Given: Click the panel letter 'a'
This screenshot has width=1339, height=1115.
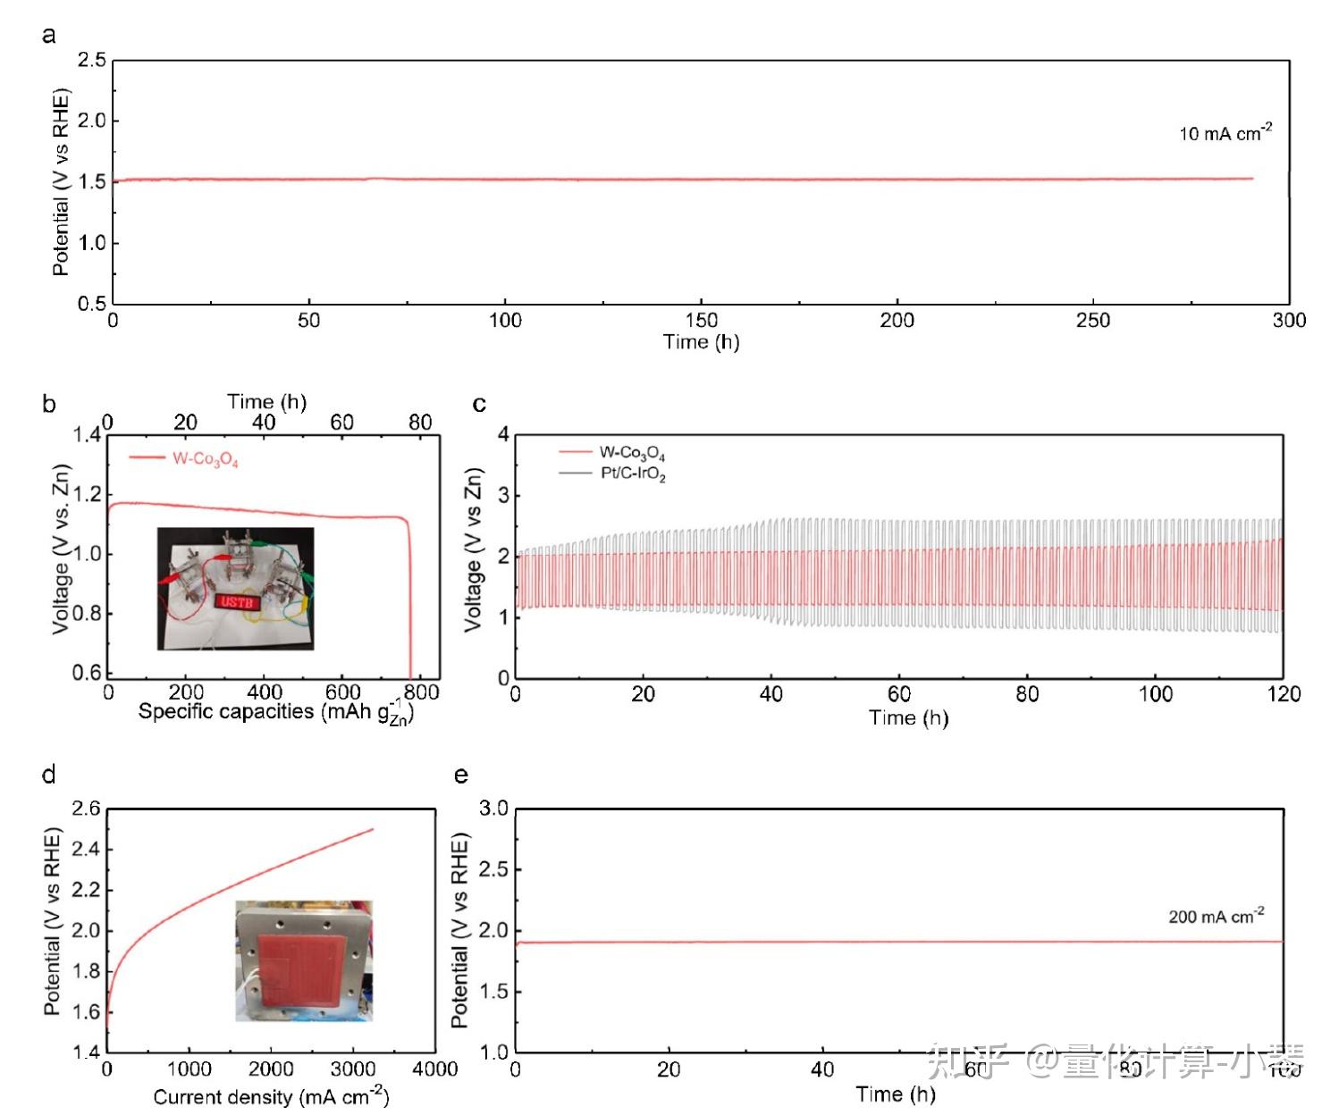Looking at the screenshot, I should (49, 35).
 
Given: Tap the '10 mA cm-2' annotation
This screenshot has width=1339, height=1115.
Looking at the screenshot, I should (1225, 133).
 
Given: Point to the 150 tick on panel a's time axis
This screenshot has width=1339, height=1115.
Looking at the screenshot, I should (701, 320).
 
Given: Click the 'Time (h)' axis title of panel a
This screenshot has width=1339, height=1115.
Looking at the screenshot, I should (701, 341).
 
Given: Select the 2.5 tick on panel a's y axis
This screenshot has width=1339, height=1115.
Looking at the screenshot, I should (92, 60).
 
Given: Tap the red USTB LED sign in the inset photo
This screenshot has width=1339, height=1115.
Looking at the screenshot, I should (237, 601).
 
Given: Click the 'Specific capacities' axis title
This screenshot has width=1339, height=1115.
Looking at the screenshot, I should (275, 712).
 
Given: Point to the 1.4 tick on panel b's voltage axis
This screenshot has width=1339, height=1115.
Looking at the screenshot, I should (88, 435).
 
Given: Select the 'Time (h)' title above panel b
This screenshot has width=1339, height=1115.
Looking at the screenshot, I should (266, 401).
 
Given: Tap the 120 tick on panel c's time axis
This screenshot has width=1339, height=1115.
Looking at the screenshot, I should (1284, 694).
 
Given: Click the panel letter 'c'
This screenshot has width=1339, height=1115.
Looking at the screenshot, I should (479, 405).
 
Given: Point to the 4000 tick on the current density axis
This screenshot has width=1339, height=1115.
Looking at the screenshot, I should (435, 1069).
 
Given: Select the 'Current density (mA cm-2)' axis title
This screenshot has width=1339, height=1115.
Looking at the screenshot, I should (271, 1095).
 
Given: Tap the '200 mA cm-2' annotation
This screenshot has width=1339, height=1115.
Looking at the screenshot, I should (1216, 917).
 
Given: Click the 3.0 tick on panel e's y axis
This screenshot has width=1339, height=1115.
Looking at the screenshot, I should (493, 809).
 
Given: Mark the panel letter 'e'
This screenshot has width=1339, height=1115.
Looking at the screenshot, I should (461, 775).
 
